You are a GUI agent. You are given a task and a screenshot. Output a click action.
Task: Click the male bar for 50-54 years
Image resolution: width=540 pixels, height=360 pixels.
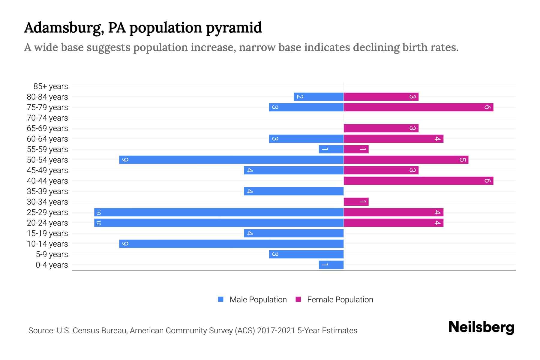231,160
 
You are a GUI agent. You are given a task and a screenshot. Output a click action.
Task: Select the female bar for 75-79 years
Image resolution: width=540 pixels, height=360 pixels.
418,107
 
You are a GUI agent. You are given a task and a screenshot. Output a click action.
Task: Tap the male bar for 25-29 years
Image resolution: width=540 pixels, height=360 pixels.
219,212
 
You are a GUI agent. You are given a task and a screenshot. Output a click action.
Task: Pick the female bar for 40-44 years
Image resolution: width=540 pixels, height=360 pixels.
418,181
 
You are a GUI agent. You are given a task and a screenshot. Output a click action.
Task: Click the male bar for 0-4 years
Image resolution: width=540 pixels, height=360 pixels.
331,265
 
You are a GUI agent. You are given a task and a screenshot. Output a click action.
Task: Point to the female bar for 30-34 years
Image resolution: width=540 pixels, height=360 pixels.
356,202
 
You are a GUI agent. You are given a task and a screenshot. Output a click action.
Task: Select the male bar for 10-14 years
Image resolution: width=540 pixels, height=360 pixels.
231,244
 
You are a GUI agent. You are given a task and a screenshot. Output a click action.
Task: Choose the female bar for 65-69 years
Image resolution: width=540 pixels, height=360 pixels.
381,128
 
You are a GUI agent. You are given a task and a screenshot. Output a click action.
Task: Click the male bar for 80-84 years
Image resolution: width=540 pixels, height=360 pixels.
319,97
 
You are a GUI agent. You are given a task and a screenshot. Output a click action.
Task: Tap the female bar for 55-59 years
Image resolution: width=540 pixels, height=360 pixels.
356,149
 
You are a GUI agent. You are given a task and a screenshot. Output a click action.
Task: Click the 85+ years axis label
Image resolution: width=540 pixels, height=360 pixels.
50,86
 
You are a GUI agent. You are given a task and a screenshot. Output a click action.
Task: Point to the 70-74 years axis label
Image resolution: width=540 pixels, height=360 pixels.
47,118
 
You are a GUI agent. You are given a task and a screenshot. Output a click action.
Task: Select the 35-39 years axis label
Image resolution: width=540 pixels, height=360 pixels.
47,191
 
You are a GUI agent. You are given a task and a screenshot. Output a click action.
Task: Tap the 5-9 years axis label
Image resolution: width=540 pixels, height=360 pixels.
52,254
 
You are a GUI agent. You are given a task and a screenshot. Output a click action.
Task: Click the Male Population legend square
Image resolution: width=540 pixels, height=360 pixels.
221,299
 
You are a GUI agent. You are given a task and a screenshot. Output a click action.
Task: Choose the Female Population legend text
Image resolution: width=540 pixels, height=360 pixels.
340,300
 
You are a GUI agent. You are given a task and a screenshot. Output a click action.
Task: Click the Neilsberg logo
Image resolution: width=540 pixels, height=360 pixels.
481,327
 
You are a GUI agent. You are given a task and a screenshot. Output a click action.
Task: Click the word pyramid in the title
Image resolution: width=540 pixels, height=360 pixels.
234,28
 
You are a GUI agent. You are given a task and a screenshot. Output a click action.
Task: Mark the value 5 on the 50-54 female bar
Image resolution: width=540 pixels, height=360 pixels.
462,160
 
